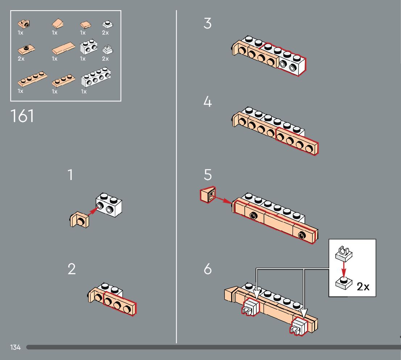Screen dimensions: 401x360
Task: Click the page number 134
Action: (x=15, y=347)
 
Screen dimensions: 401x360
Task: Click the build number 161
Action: (x=22, y=116)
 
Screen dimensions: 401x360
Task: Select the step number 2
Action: (x=72, y=269)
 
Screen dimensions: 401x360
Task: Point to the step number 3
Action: (x=207, y=23)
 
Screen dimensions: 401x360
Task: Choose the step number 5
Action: (x=208, y=175)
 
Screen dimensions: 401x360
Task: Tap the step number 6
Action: (x=208, y=269)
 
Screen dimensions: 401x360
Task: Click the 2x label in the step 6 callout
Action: (x=363, y=287)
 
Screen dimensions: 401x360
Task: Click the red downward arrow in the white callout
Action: (x=344, y=270)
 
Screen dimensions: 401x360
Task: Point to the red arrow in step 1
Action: (x=93, y=212)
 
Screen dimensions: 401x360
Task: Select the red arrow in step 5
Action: (x=223, y=200)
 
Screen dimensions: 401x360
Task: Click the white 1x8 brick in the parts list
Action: (x=96, y=77)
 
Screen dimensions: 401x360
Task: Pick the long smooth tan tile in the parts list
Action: (x=63, y=48)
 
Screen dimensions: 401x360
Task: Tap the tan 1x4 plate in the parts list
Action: (x=32, y=79)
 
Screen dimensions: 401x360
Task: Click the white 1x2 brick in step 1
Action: (x=109, y=205)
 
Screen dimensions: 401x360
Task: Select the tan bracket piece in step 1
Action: (x=79, y=220)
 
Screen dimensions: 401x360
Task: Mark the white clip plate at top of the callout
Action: (x=344, y=254)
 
